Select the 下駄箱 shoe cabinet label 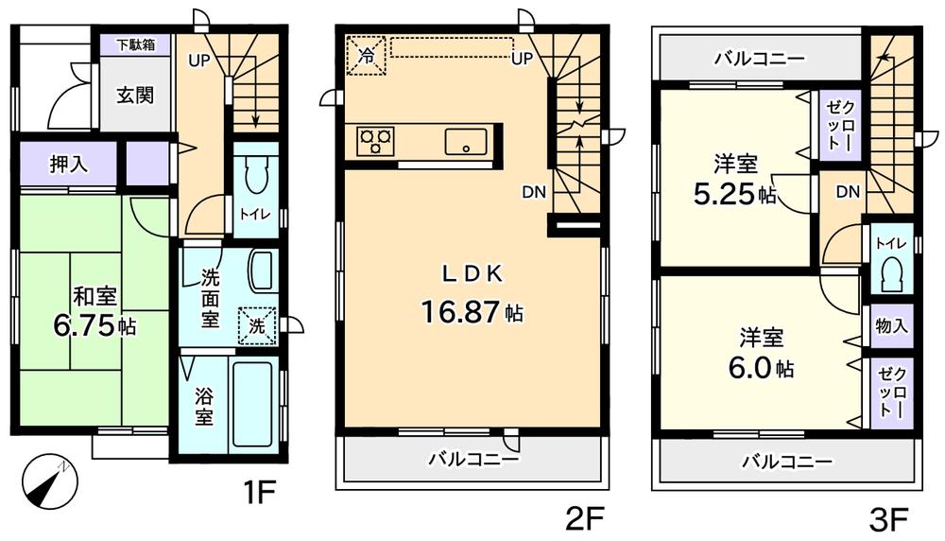point(136,44)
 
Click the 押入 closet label point(68,164)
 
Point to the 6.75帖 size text point(94,326)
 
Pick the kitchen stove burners point(375,141)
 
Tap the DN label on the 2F point(533,192)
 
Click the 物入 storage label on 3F point(892,326)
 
